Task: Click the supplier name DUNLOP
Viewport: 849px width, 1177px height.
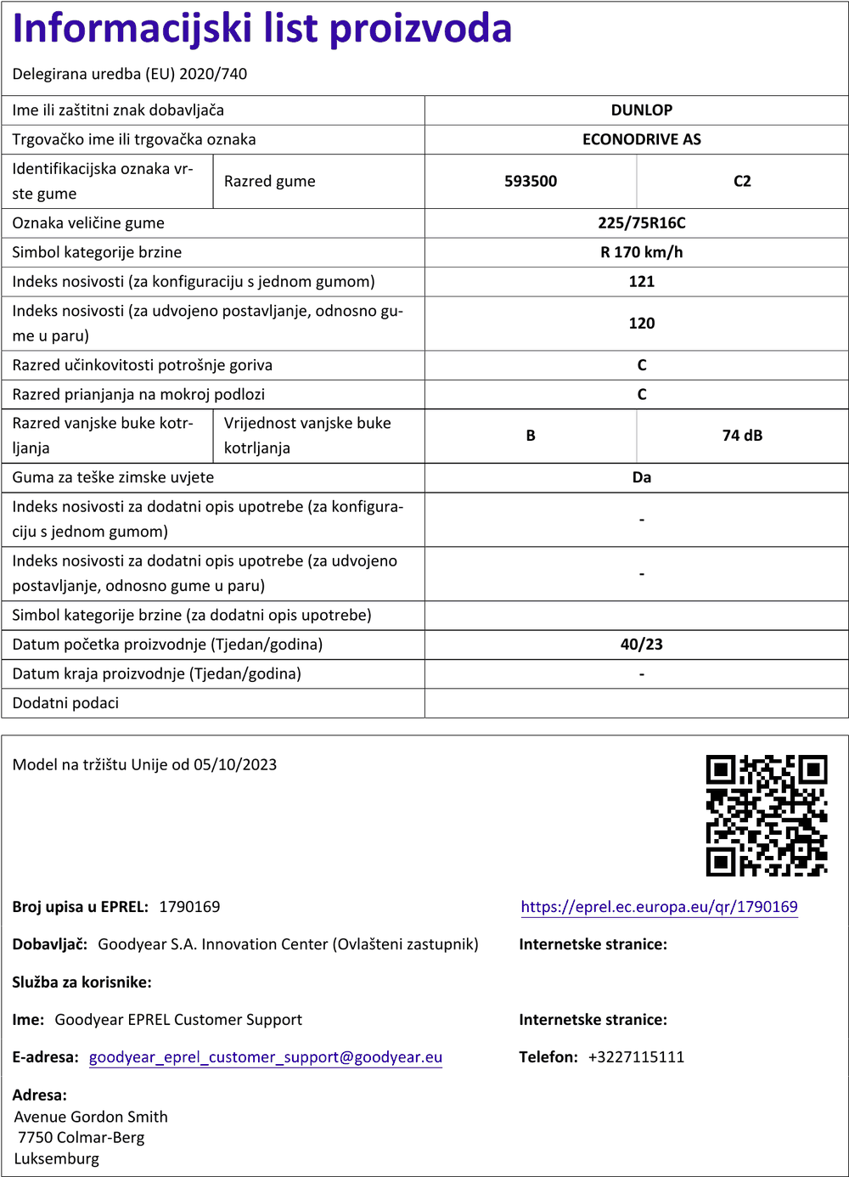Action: click(x=641, y=110)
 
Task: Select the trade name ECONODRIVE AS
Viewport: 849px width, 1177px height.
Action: click(x=641, y=139)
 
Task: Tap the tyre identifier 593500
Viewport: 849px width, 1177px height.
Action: click(x=531, y=181)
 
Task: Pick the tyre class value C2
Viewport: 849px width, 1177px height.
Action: click(x=742, y=181)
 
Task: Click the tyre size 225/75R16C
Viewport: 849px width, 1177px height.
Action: click(x=641, y=223)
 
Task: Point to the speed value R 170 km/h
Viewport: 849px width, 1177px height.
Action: click(x=641, y=252)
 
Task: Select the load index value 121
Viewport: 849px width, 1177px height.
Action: click(x=641, y=282)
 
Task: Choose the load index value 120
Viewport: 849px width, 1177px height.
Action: click(x=641, y=324)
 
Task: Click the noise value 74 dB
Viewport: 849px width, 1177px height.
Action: click(x=742, y=436)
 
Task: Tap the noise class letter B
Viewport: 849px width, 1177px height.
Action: click(x=531, y=436)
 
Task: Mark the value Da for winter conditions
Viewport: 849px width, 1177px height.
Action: click(x=641, y=477)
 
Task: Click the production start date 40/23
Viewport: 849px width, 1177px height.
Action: click(x=641, y=645)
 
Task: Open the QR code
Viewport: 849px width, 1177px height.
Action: click(x=767, y=815)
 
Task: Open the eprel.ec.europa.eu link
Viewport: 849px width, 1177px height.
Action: click(x=659, y=907)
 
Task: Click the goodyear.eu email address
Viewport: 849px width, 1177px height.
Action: click(x=266, y=1057)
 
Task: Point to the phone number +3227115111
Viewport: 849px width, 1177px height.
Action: click(x=636, y=1057)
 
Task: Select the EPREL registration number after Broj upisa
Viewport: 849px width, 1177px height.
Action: click(x=189, y=907)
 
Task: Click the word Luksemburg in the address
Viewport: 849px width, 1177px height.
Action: click(x=57, y=1159)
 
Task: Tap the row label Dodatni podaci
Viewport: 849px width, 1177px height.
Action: click(x=65, y=703)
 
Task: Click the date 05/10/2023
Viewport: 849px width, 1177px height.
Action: click(x=235, y=764)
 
